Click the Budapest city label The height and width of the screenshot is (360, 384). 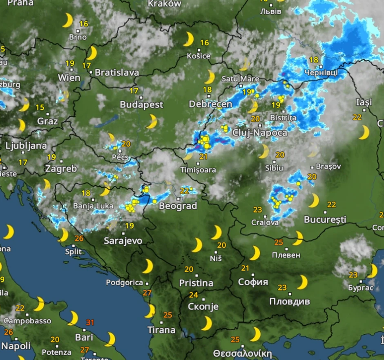141,105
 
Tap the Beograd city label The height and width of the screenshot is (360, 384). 178,206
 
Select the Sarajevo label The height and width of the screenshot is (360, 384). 123,241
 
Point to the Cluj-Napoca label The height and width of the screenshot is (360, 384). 259,133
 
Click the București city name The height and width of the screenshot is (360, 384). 325,220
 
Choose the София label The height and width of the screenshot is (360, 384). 253,282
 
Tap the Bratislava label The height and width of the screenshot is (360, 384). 117,73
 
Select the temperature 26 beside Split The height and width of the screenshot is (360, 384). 79,239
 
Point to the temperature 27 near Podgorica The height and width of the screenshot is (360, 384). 147,293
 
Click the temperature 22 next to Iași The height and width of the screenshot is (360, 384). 357,117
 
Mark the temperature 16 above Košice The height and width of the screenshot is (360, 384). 204,42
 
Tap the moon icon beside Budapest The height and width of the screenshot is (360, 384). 152,121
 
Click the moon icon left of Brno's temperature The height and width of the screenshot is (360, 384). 67,20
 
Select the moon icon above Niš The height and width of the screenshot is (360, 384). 216,233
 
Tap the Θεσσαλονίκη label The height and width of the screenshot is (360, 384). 242,353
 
